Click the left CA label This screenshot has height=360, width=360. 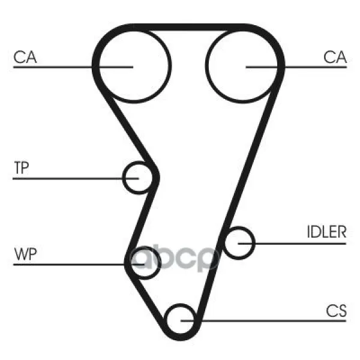[25, 57]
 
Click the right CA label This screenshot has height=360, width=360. [335, 57]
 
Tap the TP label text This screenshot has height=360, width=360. [22, 167]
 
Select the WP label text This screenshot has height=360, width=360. [25, 254]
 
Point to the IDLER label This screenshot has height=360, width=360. [326, 232]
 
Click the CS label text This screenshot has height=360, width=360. [336, 311]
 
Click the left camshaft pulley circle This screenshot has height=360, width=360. [134, 66]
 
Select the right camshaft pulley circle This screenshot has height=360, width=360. [242, 66]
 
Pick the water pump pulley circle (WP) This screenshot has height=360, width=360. [144, 263]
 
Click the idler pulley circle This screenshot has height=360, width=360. [239, 243]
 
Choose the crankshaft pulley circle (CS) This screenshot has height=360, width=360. [181, 320]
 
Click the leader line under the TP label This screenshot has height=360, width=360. [76, 178]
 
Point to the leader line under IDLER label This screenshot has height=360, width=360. [292, 244]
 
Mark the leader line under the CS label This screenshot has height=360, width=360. [263, 321]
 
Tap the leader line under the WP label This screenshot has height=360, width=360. [79, 265]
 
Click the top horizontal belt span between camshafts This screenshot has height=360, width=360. [188, 27]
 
